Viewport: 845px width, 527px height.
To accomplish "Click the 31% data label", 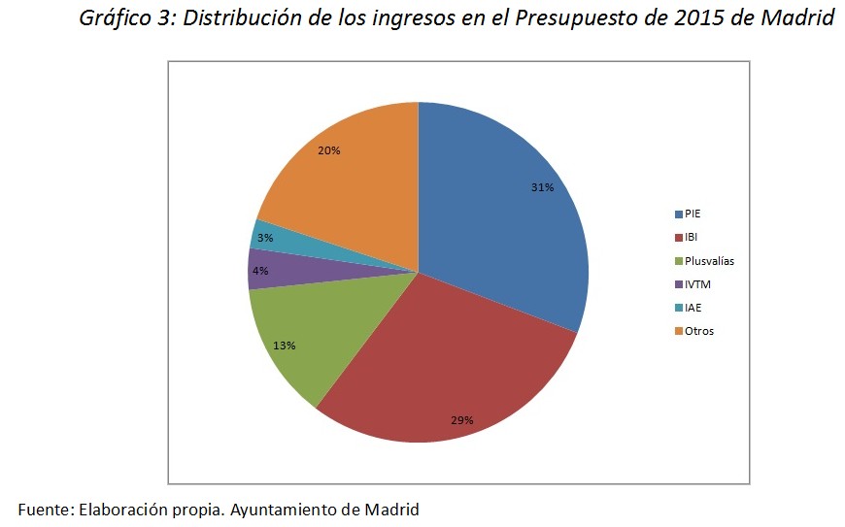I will coord(542,187).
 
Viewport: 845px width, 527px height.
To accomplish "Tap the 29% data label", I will coord(461,420).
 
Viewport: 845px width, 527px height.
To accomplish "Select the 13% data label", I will coord(285,345).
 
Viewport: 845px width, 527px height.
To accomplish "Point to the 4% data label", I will coord(260,271).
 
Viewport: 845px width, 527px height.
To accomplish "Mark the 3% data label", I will coord(264,237).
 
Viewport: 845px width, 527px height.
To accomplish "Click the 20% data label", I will coord(328,150).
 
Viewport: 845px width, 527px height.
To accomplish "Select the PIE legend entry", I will coord(693,214).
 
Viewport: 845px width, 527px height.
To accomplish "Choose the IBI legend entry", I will coord(692,237).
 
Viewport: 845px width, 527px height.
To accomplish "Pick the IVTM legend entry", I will coord(697,284).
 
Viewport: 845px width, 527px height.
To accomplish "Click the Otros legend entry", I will coord(697,331).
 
